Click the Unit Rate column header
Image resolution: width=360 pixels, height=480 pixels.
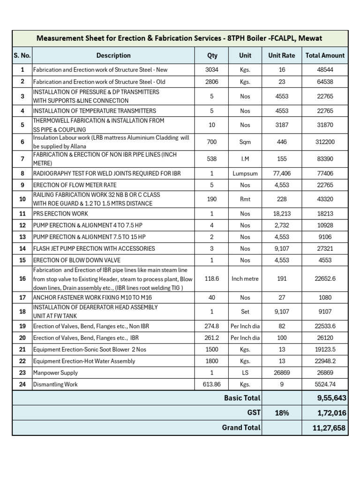(x=281, y=55)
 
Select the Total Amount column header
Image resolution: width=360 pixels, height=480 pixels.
(x=325, y=55)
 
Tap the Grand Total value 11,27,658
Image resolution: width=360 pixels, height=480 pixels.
(x=325, y=427)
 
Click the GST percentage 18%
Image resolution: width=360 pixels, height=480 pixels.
(x=281, y=412)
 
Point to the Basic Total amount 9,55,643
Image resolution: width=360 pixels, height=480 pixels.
(x=325, y=398)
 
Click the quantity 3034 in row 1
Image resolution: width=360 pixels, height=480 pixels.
(x=212, y=70)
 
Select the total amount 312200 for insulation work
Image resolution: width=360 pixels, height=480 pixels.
(x=325, y=142)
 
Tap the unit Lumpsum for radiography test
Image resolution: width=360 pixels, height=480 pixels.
(x=245, y=173)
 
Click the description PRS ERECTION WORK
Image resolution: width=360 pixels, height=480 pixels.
(x=60, y=214)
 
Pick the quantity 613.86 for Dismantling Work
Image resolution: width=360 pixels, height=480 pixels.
(x=212, y=384)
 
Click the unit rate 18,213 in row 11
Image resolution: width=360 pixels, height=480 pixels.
(x=281, y=214)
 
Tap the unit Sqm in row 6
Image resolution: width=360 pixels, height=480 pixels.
(x=245, y=142)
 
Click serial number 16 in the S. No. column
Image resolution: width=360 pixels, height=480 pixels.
(x=22, y=278)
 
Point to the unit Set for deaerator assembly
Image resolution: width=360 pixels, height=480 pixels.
(x=245, y=311)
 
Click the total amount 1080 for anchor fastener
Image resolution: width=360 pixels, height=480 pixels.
(x=325, y=297)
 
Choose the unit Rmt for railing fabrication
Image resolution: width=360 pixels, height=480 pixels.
(x=245, y=199)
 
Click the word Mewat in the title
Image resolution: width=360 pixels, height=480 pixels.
(x=311, y=38)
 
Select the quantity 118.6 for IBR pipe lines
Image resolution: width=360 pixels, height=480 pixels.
(x=212, y=278)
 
